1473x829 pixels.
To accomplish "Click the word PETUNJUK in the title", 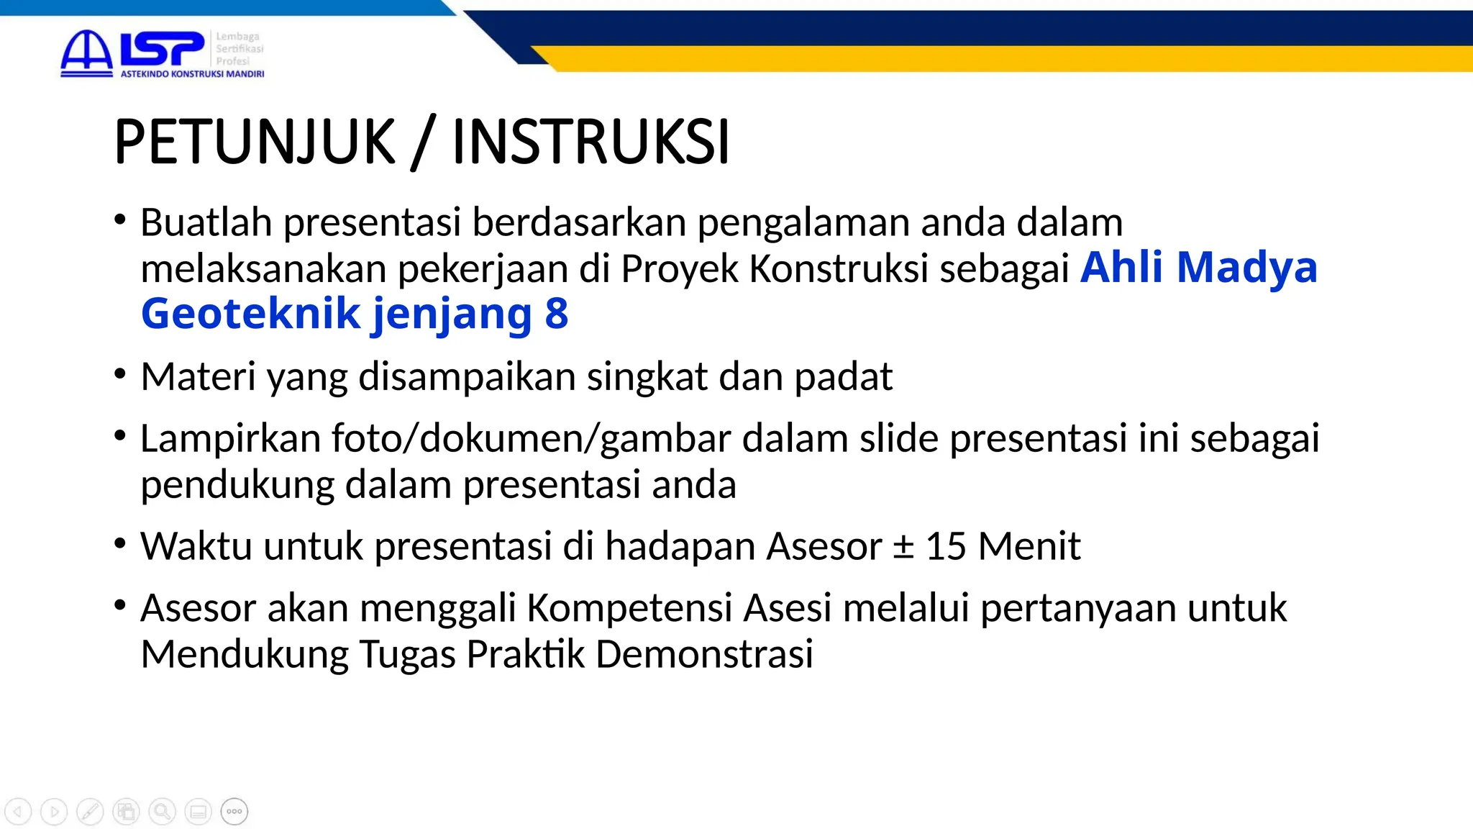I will tap(255, 142).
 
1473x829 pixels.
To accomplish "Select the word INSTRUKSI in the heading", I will tap(590, 142).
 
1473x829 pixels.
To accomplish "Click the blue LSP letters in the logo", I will tap(163, 50).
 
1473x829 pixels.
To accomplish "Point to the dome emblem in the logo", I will tap(86, 52).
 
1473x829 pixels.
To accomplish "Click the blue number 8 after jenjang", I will tap(557, 314).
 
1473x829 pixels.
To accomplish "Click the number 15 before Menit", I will tap(946, 546).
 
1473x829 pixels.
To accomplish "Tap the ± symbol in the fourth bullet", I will tap(903, 546).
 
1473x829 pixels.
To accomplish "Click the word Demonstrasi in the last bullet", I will tap(704, 654).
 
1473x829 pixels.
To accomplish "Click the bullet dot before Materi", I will tap(120, 374).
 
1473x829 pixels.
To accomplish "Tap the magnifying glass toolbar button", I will tap(163, 812).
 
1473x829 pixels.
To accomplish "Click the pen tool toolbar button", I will tap(90, 812).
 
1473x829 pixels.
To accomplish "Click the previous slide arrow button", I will tap(18, 812).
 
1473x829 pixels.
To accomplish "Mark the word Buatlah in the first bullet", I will tap(206, 222).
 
